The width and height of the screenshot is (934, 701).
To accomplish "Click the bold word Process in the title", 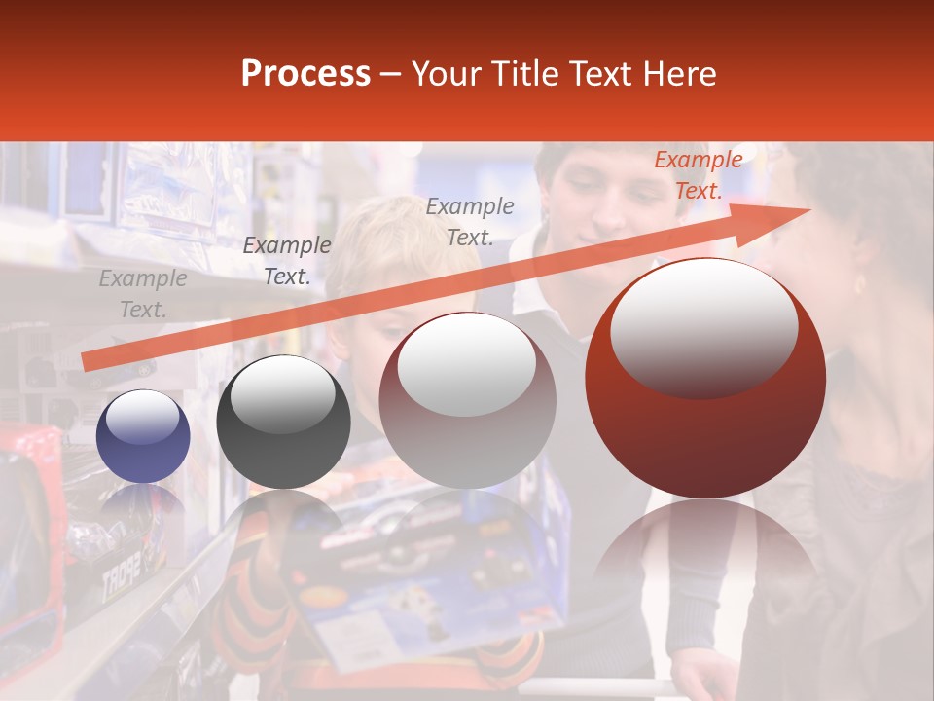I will pos(305,74).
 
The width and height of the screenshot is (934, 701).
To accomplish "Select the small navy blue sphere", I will pos(143,436).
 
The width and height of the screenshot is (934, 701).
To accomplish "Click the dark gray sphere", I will pos(283,423).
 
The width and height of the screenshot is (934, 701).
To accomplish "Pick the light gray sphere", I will pos(467,400).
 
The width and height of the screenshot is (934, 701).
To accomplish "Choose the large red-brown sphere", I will pos(705,378).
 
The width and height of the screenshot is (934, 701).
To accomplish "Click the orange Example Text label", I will pos(698,175).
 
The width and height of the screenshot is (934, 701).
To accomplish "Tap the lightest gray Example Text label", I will pos(142,294).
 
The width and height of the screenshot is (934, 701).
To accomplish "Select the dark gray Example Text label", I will pos(286,261).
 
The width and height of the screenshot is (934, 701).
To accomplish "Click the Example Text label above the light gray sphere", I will pos(470,221).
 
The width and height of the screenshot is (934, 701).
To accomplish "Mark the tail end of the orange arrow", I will pos(86,362).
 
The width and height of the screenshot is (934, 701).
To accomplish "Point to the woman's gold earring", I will pos(859,284).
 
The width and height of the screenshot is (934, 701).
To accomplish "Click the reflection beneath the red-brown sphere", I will pos(705,545).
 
